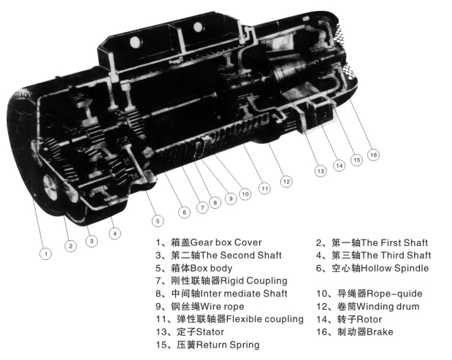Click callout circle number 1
click(x=45, y=254)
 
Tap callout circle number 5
click(x=158, y=221)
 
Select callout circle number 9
click(x=231, y=199)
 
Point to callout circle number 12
click(x=286, y=182)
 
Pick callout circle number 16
click(x=373, y=155)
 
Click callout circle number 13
click(x=321, y=171)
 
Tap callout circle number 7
click(x=202, y=207)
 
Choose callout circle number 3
click(x=92, y=241)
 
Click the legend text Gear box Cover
click(x=226, y=242)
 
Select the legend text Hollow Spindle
click(x=394, y=268)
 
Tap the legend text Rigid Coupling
click(x=253, y=280)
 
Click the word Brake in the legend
click(x=380, y=332)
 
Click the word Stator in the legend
click(x=210, y=332)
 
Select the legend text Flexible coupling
click(x=264, y=319)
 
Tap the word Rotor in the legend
click(x=369, y=319)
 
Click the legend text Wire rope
click(x=222, y=306)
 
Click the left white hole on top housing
click(x=136, y=42)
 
